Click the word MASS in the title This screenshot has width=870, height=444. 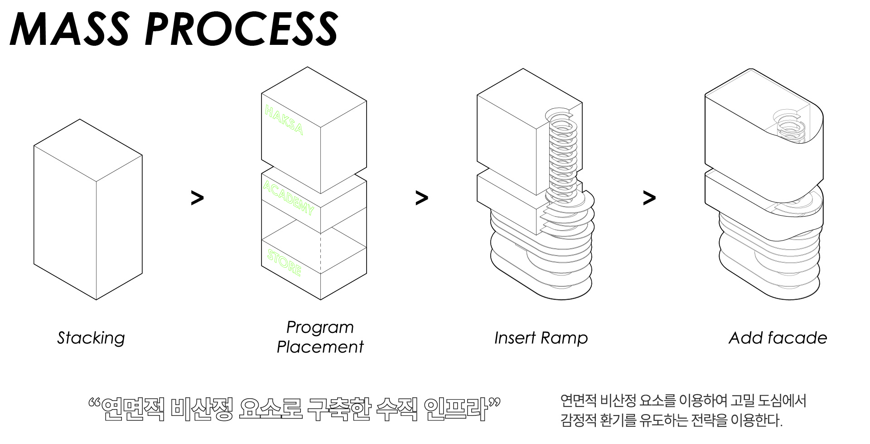click(x=69, y=29)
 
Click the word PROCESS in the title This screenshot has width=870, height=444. click(x=241, y=29)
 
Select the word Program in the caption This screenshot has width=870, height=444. click(x=320, y=328)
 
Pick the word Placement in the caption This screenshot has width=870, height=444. click(x=320, y=347)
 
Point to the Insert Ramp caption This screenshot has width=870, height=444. click(x=541, y=338)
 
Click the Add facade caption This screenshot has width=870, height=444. click(x=778, y=338)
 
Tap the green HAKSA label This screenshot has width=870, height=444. click(x=284, y=120)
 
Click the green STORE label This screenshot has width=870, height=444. click(x=284, y=263)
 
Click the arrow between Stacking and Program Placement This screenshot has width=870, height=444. click(x=197, y=198)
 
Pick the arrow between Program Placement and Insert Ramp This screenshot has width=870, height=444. click(x=421, y=198)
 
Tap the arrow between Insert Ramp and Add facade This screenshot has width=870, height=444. click(x=649, y=198)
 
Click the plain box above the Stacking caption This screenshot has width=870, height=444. click(x=88, y=209)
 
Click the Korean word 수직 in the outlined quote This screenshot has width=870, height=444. click(x=397, y=409)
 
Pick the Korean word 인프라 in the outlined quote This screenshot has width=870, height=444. click(x=455, y=409)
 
